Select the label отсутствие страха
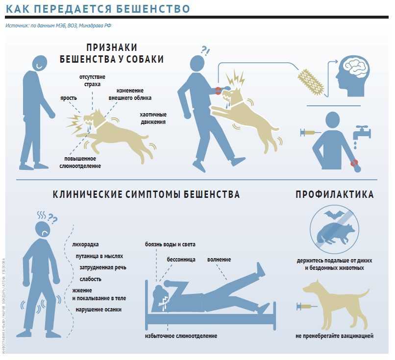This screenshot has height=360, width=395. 92,81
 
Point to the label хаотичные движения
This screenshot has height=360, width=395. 152,118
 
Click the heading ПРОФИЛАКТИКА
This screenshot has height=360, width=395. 334,194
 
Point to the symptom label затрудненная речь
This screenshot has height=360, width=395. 102,267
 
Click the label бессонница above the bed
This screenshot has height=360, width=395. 181,258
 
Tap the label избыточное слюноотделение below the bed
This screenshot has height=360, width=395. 181,336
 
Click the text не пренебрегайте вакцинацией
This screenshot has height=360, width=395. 334,336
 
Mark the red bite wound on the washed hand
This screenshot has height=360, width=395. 354,163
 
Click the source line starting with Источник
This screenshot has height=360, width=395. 62,25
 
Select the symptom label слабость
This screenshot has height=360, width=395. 90,279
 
